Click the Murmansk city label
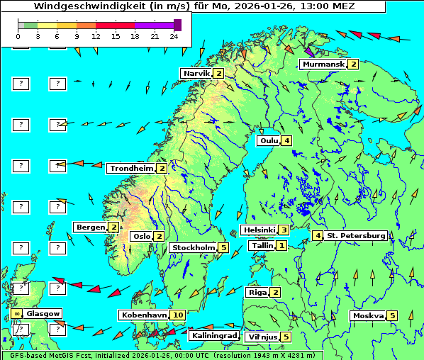click(323, 64)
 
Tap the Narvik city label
click(197, 74)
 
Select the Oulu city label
click(269, 141)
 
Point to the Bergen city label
click(91, 227)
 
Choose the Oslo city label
click(142, 237)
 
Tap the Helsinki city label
click(259, 230)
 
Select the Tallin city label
click(262, 246)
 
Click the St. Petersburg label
click(356, 236)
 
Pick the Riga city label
click(256, 293)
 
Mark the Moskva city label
click(368, 316)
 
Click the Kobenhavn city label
click(144, 315)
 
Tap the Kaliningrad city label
click(213, 336)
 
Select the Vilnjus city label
click(262, 337)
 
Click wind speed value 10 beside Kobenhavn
click(178, 315)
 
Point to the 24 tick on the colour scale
click(174, 36)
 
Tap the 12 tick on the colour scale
click(96, 36)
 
